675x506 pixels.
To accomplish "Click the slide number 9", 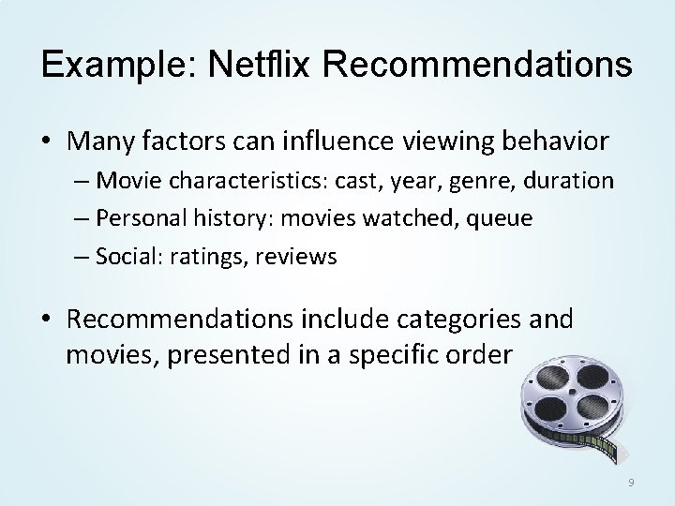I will coord(631,482).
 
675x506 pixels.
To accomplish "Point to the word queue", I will coord(500,218).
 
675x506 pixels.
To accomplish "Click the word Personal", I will coord(142,218).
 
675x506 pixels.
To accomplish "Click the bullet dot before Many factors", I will coord(46,142).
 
